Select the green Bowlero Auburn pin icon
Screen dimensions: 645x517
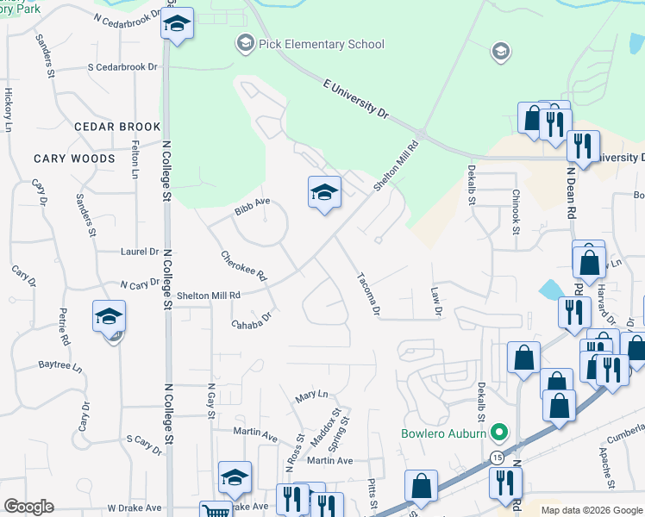coord(498,432)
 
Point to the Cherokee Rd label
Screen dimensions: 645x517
coord(244,266)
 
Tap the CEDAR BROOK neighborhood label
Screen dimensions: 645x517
coord(117,127)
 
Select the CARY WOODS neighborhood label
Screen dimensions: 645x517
coord(74,159)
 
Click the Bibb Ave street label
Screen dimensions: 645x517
coord(253,207)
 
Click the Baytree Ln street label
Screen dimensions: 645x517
coord(59,364)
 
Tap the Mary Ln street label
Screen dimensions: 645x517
coord(311,395)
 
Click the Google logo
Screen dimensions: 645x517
coord(28,507)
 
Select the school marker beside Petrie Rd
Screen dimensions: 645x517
coord(110,316)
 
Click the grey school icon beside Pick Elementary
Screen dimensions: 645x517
coord(245,43)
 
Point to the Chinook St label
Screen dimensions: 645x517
coord(515,212)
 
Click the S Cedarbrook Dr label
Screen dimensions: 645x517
coord(123,66)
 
